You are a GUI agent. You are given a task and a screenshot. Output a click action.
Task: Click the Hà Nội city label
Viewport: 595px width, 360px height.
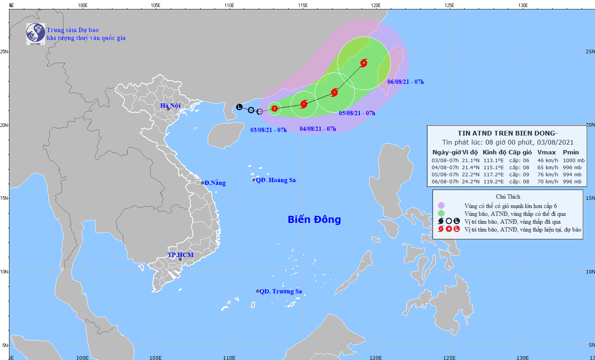(170, 106)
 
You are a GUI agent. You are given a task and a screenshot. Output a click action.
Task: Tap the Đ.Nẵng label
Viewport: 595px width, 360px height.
(215, 183)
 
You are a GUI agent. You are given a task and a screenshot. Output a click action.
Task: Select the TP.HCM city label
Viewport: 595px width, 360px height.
(181, 255)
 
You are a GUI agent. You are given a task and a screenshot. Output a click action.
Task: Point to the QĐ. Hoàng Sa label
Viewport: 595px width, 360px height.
(275, 180)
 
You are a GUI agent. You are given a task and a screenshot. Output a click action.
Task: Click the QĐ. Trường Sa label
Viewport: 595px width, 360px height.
(280, 291)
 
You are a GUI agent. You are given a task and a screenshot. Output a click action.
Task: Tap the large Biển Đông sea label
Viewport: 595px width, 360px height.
(314, 219)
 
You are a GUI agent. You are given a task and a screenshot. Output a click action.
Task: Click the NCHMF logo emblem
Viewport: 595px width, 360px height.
(35, 34)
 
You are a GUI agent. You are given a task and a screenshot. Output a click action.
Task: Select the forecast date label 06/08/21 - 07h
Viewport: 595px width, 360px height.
(405, 82)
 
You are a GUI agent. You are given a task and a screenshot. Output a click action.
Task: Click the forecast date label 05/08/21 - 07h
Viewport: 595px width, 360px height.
(357, 113)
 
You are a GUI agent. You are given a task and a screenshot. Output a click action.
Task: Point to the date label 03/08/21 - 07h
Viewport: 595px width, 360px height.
(268, 130)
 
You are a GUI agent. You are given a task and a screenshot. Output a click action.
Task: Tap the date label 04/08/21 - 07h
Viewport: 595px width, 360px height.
(318, 129)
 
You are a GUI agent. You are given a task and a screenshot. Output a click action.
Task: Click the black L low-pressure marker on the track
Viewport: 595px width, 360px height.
(239, 107)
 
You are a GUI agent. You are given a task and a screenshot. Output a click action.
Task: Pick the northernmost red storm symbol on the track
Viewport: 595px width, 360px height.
(364, 63)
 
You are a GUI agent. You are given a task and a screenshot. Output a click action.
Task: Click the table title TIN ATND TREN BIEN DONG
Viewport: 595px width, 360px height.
(507, 133)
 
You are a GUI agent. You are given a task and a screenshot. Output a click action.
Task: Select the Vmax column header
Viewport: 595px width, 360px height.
(546, 152)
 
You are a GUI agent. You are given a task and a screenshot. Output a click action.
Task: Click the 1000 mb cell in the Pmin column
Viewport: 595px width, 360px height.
(573, 161)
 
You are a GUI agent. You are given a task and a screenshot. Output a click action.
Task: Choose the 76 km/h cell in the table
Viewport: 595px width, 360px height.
(548, 175)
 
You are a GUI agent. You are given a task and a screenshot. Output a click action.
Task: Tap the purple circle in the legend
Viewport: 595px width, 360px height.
(441, 206)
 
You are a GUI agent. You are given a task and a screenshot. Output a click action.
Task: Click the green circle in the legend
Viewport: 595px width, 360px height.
(441, 213)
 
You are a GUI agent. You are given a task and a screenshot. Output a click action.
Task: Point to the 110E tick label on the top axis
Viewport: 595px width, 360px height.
(229, 5)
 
